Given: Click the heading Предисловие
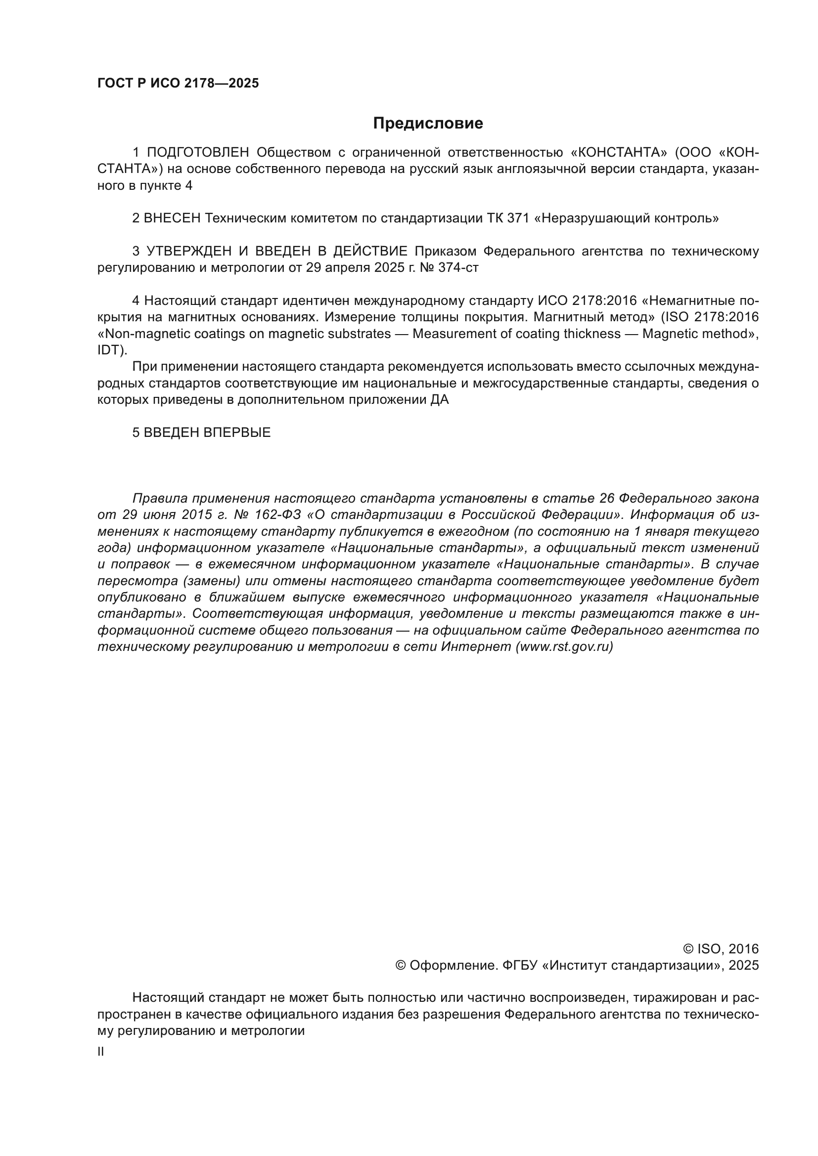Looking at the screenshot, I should click(x=428, y=124).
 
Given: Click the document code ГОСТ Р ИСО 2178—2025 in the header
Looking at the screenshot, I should click(x=178, y=84).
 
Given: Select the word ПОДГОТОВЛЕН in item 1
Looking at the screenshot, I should click(x=198, y=152).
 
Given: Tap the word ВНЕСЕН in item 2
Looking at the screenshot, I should click(x=172, y=218).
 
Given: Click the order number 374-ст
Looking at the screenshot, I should click(x=458, y=267).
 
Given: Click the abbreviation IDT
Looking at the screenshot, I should click(x=108, y=350).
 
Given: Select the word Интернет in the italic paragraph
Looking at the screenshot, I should click(x=475, y=647).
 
